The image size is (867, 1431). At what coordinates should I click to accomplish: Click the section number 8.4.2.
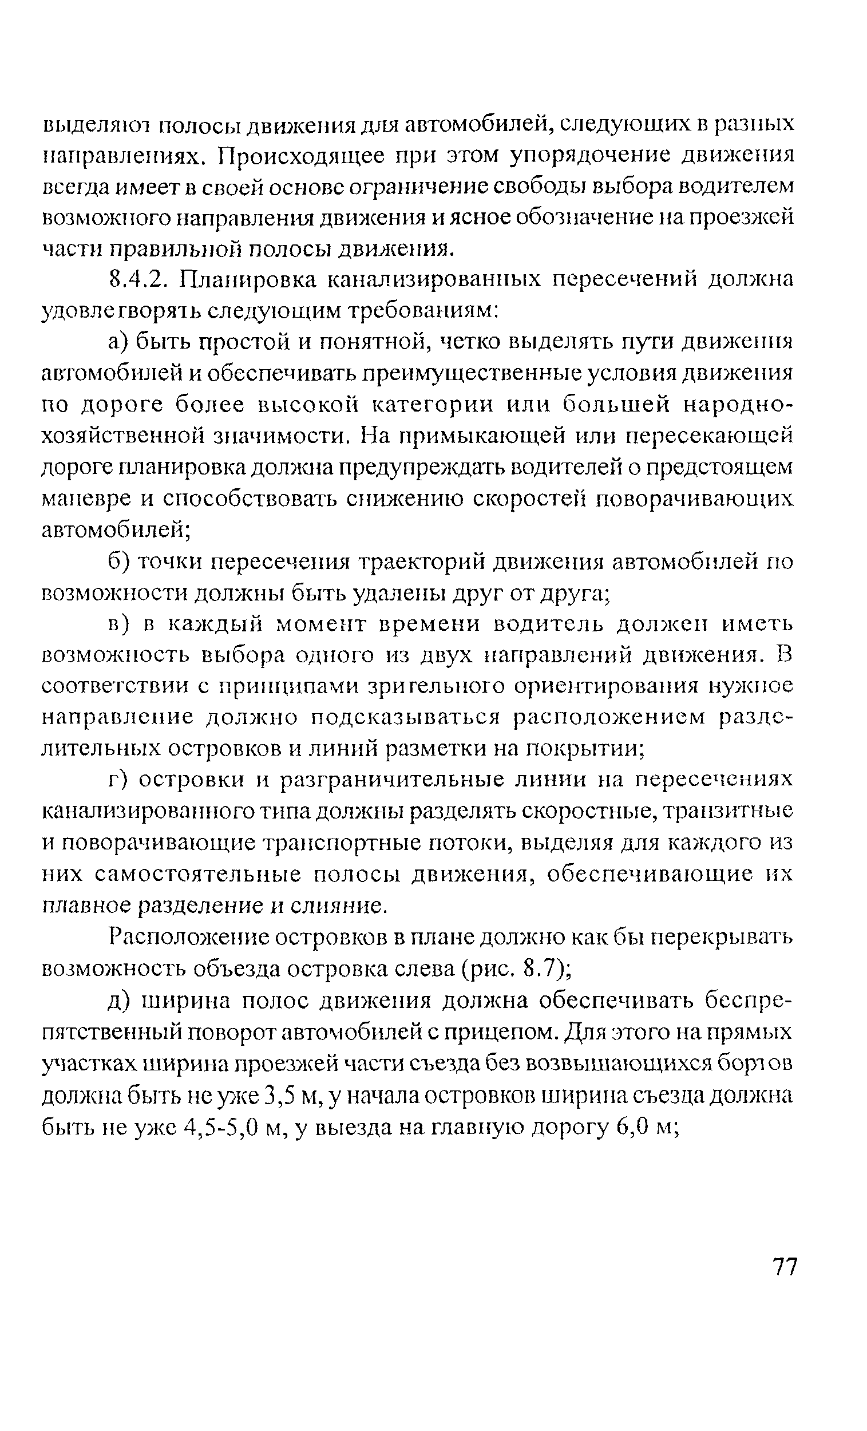pyautogui.click(x=139, y=280)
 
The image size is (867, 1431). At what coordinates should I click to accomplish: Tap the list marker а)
pyautogui.click(x=119, y=343)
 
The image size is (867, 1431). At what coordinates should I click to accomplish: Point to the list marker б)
pyautogui.click(x=120, y=562)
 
